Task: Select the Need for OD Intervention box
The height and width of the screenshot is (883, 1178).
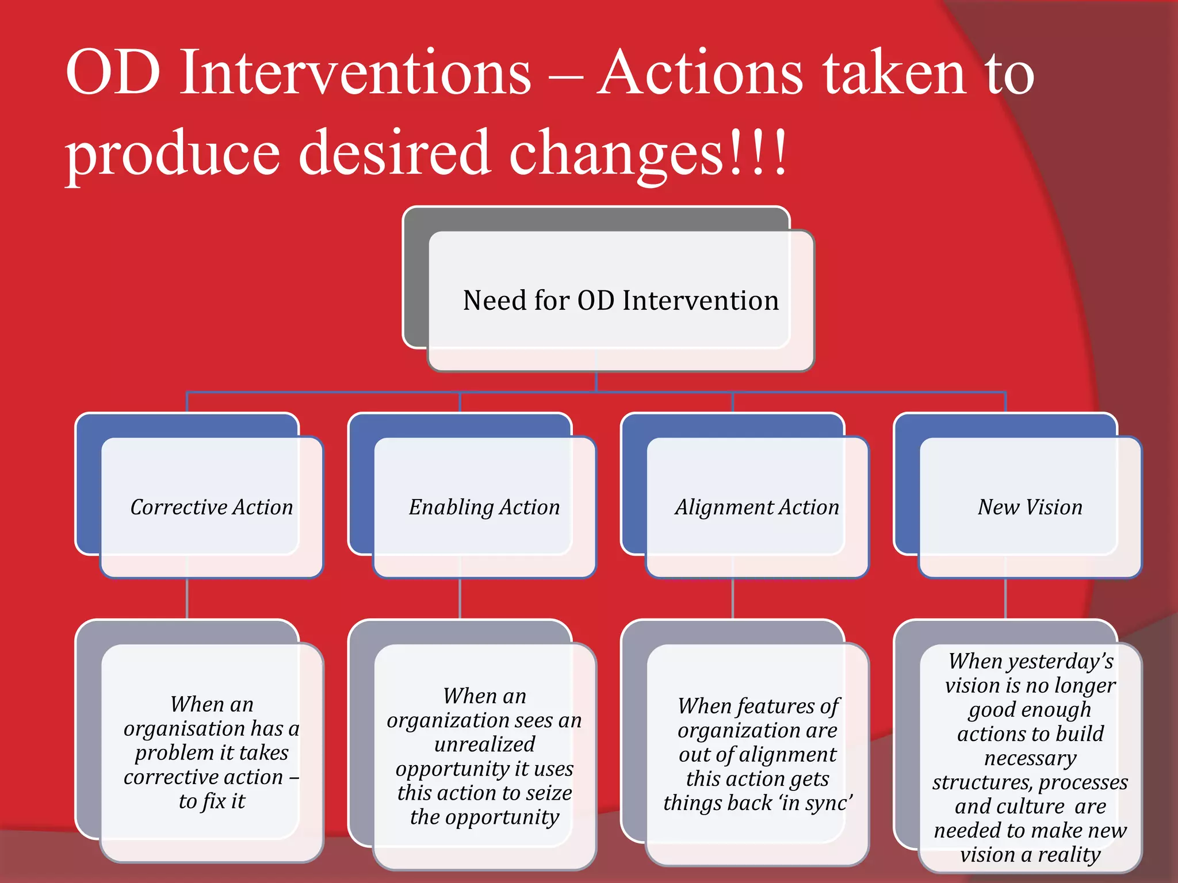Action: coord(621,301)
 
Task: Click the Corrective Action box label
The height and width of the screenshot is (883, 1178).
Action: coord(212,507)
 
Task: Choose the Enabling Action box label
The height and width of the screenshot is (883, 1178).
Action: coord(484,507)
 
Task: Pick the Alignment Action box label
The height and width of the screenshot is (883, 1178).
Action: coord(757,507)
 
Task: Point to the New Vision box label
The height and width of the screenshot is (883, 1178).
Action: coord(1030,507)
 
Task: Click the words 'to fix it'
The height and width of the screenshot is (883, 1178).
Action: coord(212,801)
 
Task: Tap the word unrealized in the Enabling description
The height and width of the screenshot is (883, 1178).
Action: coord(484,744)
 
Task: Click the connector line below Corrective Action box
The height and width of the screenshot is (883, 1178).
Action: coord(187,598)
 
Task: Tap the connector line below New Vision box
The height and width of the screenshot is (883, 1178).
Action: coord(1005,598)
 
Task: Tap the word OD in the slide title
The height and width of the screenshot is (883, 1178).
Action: coord(113,73)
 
